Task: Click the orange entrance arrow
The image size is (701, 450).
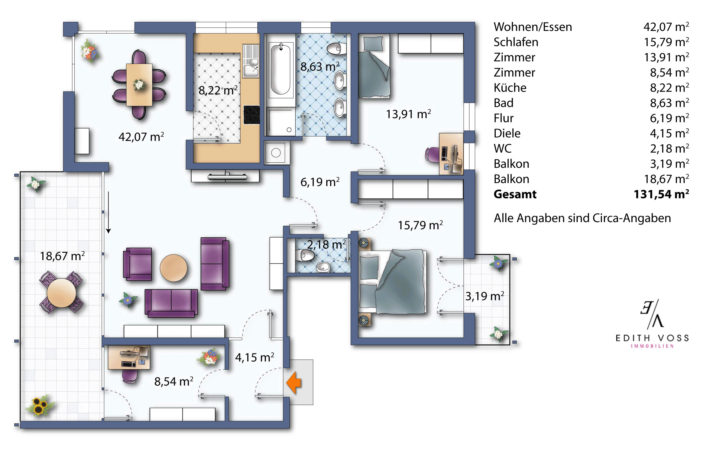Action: [x=294, y=383]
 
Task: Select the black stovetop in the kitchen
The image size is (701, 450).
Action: [x=251, y=115]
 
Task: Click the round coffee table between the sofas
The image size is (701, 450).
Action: [x=174, y=268]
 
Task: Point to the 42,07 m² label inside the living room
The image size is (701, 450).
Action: [x=141, y=137]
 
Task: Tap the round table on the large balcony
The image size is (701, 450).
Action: [x=61, y=293]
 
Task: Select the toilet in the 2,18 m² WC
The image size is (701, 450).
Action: [x=304, y=255]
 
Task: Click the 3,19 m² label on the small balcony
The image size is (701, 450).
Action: [x=484, y=296]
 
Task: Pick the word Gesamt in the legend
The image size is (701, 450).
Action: [x=515, y=194]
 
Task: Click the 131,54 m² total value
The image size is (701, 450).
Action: [x=661, y=194]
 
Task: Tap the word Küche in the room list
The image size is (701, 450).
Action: [x=510, y=88]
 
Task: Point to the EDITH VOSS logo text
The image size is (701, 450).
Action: [x=652, y=338]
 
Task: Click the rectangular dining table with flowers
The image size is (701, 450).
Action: [x=139, y=85]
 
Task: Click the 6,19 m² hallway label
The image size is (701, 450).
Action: [x=320, y=182]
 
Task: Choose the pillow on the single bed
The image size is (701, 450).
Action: [x=373, y=44]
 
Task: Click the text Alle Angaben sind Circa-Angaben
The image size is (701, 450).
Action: [x=582, y=218]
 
